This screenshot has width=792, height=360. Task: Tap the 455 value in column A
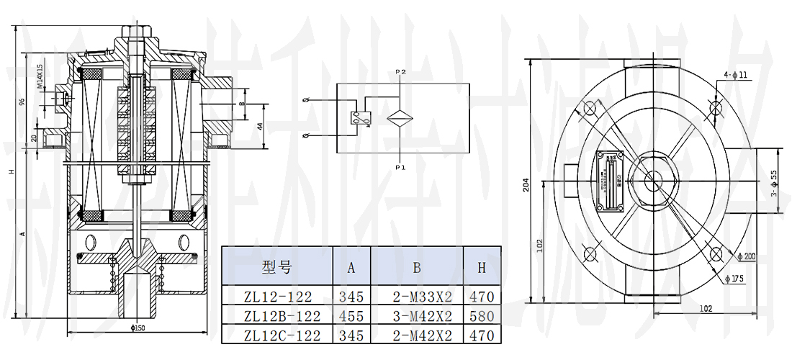[x=351, y=316]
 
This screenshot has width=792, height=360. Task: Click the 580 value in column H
[x=481, y=316]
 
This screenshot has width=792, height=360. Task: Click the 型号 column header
[x=277, y=268]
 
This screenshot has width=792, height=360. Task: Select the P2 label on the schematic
[x=401, y=72]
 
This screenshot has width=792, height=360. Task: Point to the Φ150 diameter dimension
[x=136, y=328]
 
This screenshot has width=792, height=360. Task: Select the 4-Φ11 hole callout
[x=736, y=75]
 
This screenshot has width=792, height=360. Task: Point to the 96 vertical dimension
[x=22, y=102]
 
